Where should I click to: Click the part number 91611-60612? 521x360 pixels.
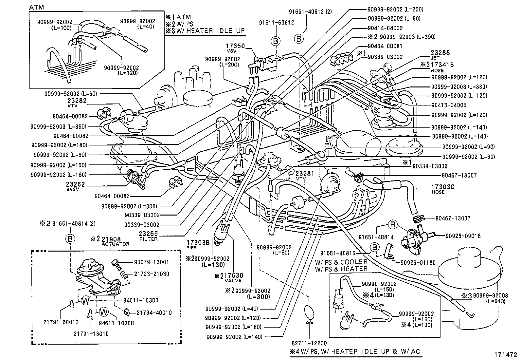pyautogui.click(x=276, y=23)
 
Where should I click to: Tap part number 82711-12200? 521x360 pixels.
pyautogui.click(x=309, y=343)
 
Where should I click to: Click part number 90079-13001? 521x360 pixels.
pyautogui.click(x=152, y=262)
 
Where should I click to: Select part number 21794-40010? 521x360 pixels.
pyautogui.click(x=154, y=313)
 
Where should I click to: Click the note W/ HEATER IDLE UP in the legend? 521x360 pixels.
pyautogui.click(x=209, y=31)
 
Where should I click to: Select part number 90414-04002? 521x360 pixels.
pyautogui.click(x=385, y=28)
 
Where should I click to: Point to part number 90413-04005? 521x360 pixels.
pyautogui.click(x=449, y=105)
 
